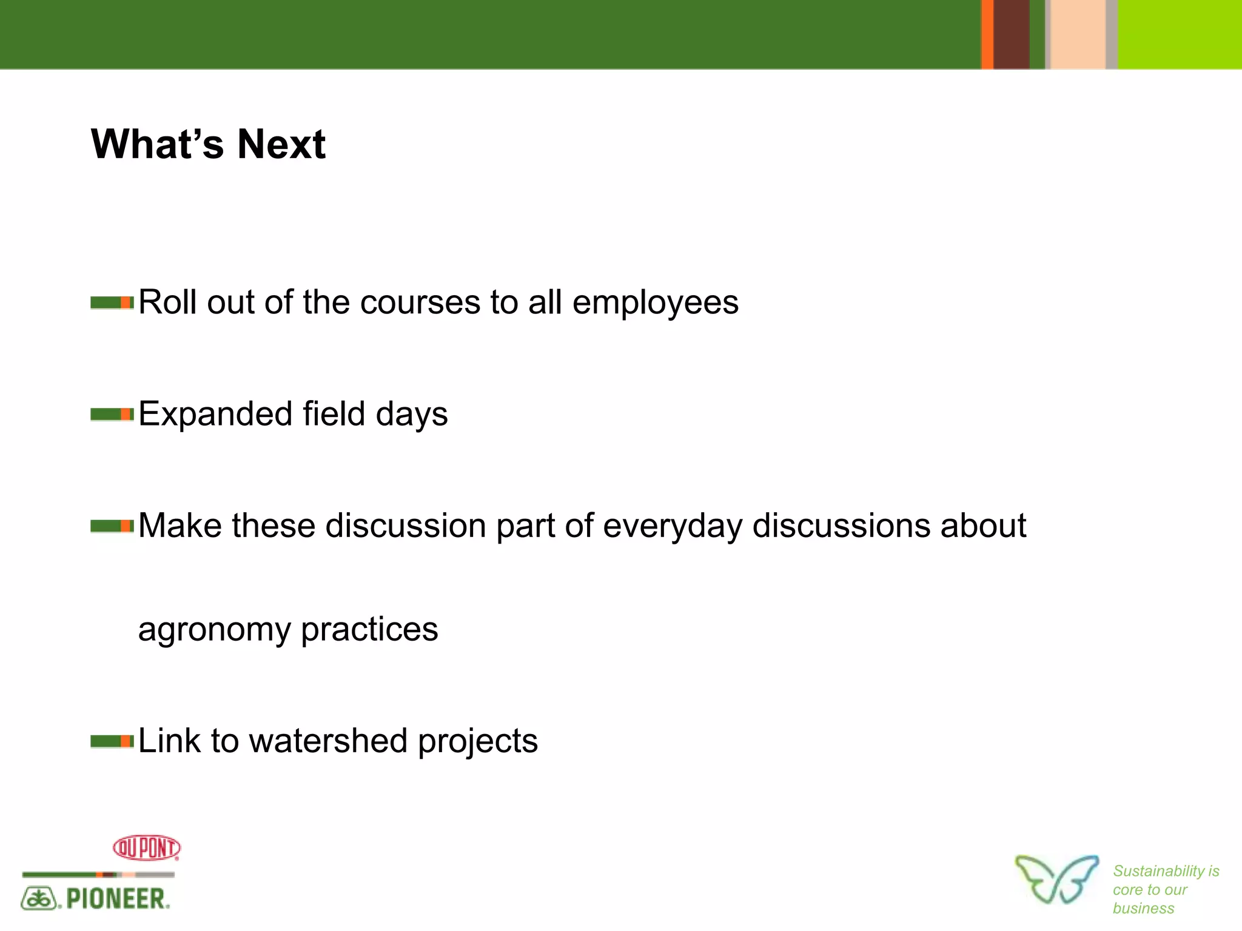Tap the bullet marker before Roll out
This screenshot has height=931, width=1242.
pyautogui.click(x=112, y=302)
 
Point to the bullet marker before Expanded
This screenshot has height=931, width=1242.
pyautogui.click(x=112, y=414)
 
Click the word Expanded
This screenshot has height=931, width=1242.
pyautogui.click(x=215, y=414)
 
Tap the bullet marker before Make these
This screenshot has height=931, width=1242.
pyautogui.click(x=112, y=526)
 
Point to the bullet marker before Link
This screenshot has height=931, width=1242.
pyautogui.click(x=112, y=741)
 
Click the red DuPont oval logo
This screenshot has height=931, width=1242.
pyautogui.click(x=147, y=847)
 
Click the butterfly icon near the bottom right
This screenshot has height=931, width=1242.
pyautogui.click(x=1056, y=879)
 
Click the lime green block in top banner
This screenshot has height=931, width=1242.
pyautogui.click(x=1180, y=34)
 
